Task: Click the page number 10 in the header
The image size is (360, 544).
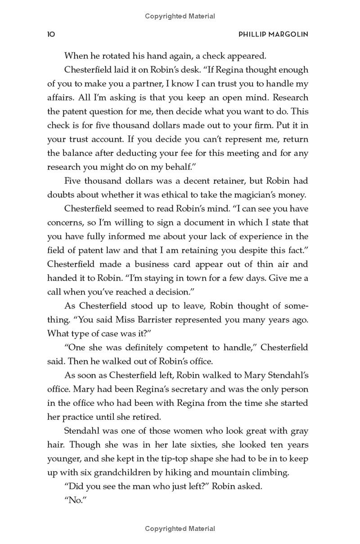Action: (51, 35)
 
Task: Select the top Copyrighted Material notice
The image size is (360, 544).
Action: (180, 16)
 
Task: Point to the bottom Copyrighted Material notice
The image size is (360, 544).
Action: (180, 529)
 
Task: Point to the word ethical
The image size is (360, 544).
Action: (207, 195)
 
